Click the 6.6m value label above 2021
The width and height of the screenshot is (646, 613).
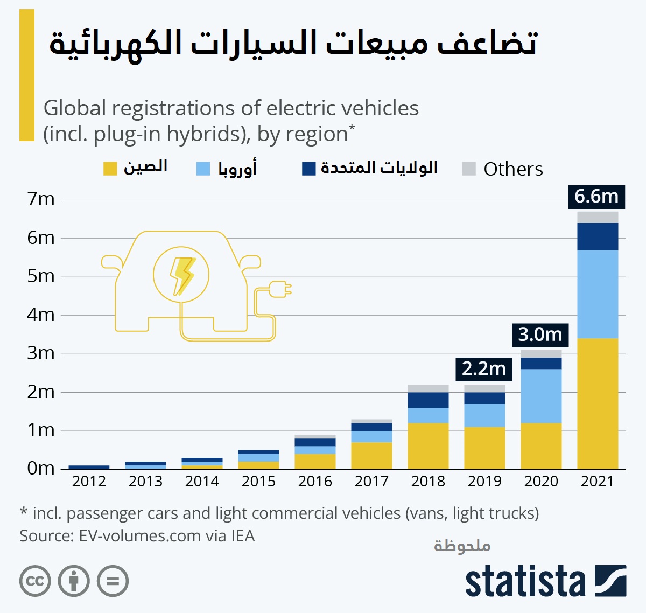[596, 197]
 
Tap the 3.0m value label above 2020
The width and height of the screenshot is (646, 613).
[540, 335]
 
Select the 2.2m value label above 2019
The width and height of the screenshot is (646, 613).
[484, 369]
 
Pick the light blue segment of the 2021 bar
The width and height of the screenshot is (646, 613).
[598, 294]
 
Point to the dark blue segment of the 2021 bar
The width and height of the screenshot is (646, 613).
[598, 236]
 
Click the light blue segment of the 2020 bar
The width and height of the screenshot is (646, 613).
[541, 395]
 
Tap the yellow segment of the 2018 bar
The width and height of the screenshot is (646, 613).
[428, 445]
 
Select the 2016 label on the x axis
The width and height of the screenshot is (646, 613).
[315, 481]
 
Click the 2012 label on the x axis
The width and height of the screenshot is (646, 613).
[89, 481]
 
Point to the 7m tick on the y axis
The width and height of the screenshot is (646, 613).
[41, 199]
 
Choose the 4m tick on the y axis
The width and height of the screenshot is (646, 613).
[41, 315]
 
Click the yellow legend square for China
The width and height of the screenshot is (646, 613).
[110, 169]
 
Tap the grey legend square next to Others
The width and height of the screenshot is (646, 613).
[469, 169]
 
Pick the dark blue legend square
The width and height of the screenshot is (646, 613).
[308, 169]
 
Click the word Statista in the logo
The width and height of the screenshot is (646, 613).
[525, 581]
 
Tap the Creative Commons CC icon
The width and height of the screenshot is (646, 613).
[35, 581]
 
